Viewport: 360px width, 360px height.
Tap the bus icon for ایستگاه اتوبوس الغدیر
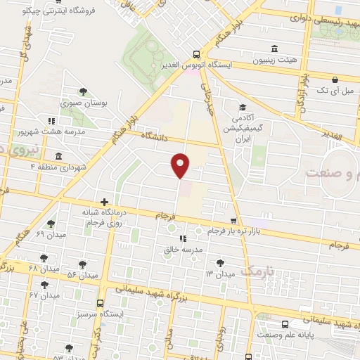pyautogui.click(x=196, y=54)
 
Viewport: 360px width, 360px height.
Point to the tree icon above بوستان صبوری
pyautogui.click(x=83, y=91)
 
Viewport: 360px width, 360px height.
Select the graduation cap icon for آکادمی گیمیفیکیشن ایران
pyautogui.click(x=242, y=108)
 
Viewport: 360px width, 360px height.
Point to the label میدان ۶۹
pyautogui.click(x=49, y=234)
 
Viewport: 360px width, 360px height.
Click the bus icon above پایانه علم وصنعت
pyautogui.click(x=285, y=325)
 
